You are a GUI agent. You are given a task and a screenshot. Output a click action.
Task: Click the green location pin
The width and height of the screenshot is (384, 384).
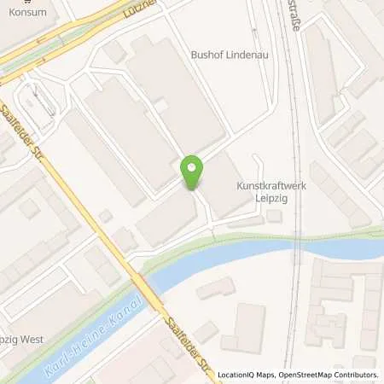click(193, 171)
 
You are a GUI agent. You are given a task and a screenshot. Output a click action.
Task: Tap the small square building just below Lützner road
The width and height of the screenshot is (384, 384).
click(116, 51)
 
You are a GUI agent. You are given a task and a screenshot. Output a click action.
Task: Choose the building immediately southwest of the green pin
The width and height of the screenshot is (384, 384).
click(166, 217)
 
